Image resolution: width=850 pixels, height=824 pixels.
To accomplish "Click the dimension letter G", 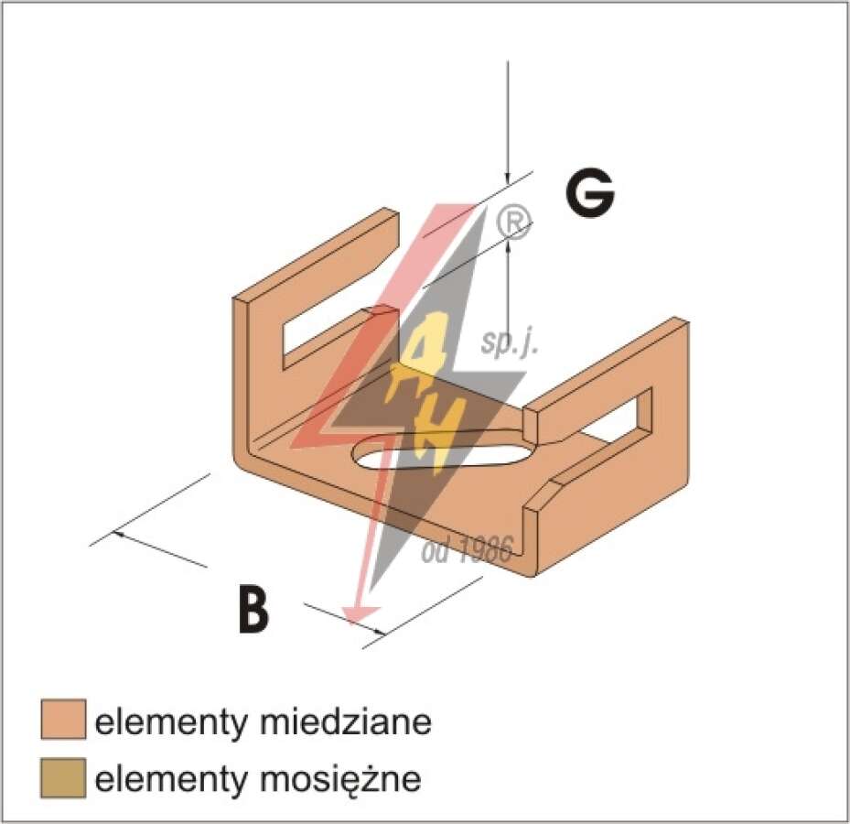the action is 589,195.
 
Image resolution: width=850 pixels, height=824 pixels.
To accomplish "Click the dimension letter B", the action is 253,609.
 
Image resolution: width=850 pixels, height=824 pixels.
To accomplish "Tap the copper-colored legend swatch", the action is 63,720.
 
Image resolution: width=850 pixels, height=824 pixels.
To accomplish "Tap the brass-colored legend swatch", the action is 63,778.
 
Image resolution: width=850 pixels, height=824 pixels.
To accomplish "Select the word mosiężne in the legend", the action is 340,778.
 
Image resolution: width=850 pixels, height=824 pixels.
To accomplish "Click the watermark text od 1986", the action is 468,549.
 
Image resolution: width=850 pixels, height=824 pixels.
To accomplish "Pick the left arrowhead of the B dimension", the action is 120,535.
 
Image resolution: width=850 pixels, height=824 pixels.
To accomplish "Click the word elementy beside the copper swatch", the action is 170,722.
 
